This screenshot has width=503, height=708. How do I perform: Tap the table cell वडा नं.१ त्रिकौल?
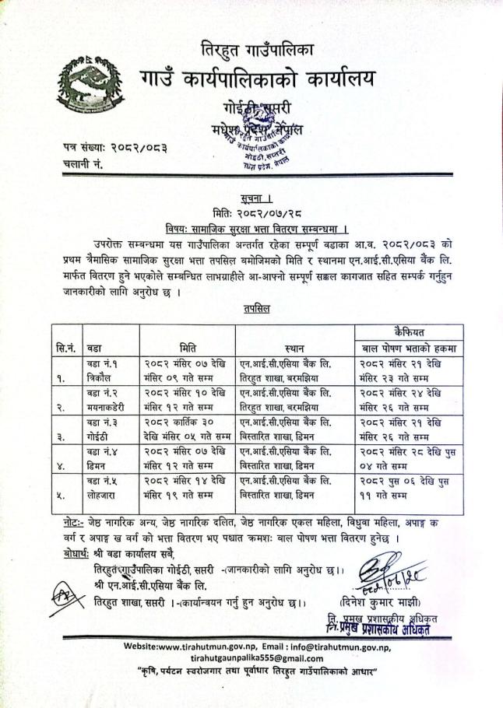(x=108, y=371)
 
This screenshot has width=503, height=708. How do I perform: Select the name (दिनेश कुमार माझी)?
(x=381, y=601)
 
